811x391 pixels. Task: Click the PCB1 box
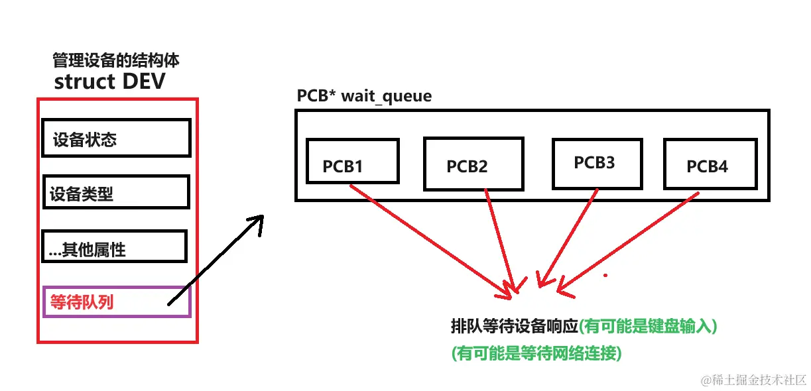click(x=352, y=161)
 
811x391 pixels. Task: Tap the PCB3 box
click(x=596, y=163)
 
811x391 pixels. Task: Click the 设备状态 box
click(x=116, y=138)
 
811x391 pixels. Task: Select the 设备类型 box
click(x=116, y=192)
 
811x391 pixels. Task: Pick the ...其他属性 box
click(x=114, y=247)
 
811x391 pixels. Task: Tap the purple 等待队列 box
click(x=117, y=302)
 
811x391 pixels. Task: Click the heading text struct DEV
click(x=109, y=82)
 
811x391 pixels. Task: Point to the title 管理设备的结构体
click(x=116, y=61)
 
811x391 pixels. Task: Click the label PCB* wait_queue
click(x=364, y=96)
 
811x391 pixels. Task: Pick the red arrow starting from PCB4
click(x=630, y=242)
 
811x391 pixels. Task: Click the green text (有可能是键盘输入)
click(x=649, y=327)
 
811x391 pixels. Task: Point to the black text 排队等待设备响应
click(x=514, y=327)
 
